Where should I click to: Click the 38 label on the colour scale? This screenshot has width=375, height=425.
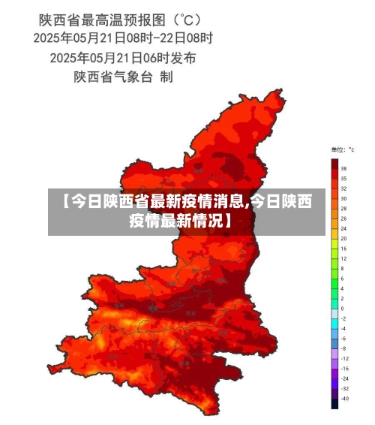coord(343,169)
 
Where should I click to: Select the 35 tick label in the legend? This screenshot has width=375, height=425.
coord(343,179)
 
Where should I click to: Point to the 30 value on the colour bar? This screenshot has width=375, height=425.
coord(343,198)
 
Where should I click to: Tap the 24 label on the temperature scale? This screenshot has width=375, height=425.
coord(343,228)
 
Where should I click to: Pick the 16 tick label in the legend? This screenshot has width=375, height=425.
coord(343,248)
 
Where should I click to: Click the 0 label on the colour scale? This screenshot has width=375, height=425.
coord(342,308)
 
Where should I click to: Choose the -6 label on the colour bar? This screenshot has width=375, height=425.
coord(343,338)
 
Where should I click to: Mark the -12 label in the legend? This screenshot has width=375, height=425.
coord(344,358)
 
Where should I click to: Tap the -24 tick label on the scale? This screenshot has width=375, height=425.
coord(344,378)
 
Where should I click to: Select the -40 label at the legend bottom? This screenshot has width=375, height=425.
coord(344,398)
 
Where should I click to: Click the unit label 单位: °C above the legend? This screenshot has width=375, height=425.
coord(339,149)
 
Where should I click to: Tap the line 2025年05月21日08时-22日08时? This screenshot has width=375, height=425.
coord(123,37)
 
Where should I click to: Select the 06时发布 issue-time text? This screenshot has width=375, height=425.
coord(169,57)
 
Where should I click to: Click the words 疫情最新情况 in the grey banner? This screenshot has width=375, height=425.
coord(175,221)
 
